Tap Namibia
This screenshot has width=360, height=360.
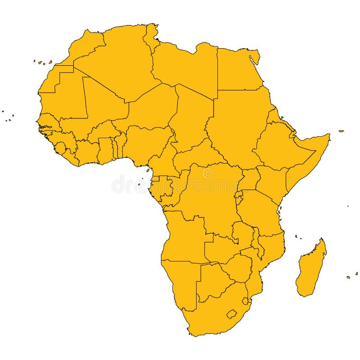180,283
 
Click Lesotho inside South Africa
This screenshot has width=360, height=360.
232,314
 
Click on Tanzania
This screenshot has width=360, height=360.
261,211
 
